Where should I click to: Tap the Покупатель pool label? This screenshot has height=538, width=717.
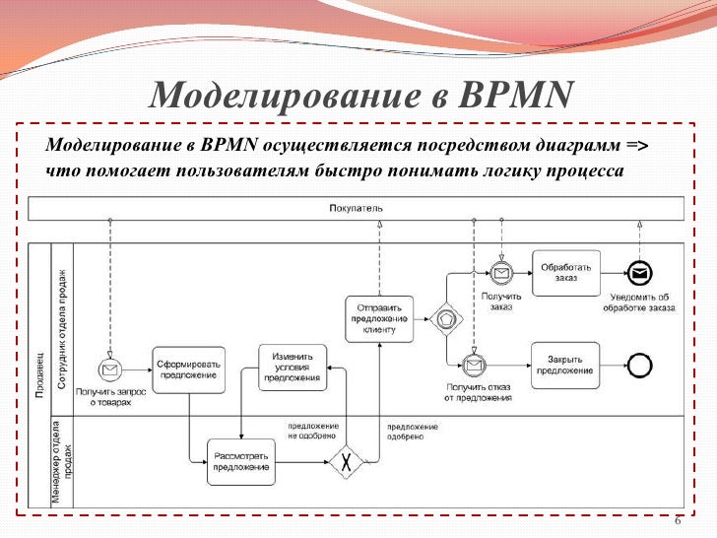pos(356,208)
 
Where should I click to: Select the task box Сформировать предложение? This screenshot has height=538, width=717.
pos(188,370)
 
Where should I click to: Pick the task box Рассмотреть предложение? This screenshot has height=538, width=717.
pos(240,461)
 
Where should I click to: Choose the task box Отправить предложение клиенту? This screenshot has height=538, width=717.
pos(378,318)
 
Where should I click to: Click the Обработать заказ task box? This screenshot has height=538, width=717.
pos(566,272)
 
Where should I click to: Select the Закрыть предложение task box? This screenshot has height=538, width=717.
pos(565,364)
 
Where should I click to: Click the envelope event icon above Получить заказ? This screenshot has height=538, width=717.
pos(501,273)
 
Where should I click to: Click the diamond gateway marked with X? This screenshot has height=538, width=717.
pos(345,462)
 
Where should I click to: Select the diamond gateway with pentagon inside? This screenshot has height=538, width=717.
pos(445,318)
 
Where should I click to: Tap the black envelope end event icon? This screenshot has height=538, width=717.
pos(639,273)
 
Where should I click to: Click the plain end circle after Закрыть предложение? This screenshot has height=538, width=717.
pos(640,365)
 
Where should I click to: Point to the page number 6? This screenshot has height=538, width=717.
pos(678,521)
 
